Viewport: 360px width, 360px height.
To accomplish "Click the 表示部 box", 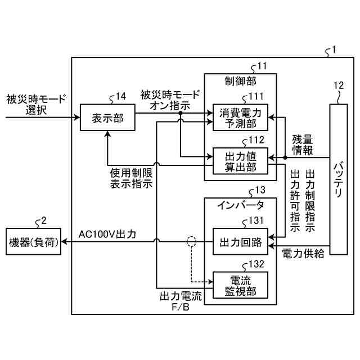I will click(106, 118).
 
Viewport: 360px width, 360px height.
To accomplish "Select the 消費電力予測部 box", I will click(240, 117).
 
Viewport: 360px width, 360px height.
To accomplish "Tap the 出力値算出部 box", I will click(240, 160).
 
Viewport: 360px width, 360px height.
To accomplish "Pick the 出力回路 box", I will click(240, 242).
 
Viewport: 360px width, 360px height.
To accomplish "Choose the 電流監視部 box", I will click(240, 285).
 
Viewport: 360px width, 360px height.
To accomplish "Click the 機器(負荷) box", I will click(34, 242).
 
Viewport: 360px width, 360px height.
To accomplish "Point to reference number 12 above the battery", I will click(338, 85).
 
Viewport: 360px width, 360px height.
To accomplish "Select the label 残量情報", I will click(303, 144).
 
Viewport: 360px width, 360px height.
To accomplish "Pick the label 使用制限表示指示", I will click(130, 179).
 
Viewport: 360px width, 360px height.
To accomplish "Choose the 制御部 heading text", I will click(240, 81).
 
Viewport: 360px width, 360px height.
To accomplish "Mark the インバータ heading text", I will click(240, 205).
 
